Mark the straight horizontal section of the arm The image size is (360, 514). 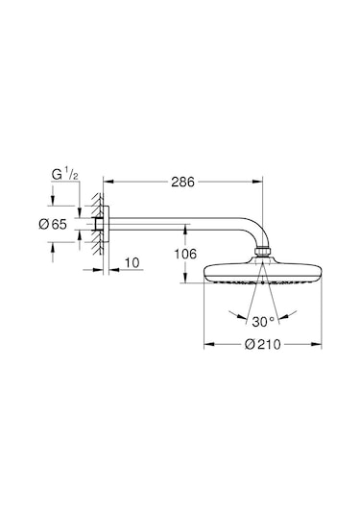click(173, 226)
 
